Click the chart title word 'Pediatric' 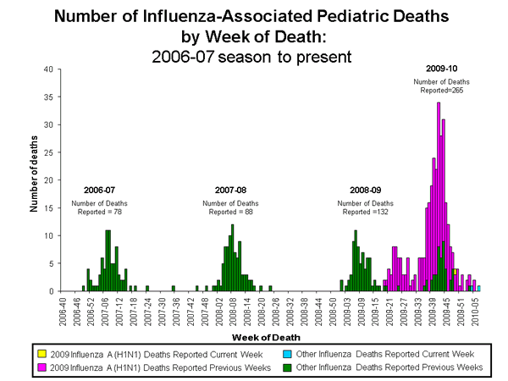(x=329, y=15)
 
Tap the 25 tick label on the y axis (x=49, y=152)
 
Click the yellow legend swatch (x=41, y=353)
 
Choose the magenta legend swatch (x=41, y=367)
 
